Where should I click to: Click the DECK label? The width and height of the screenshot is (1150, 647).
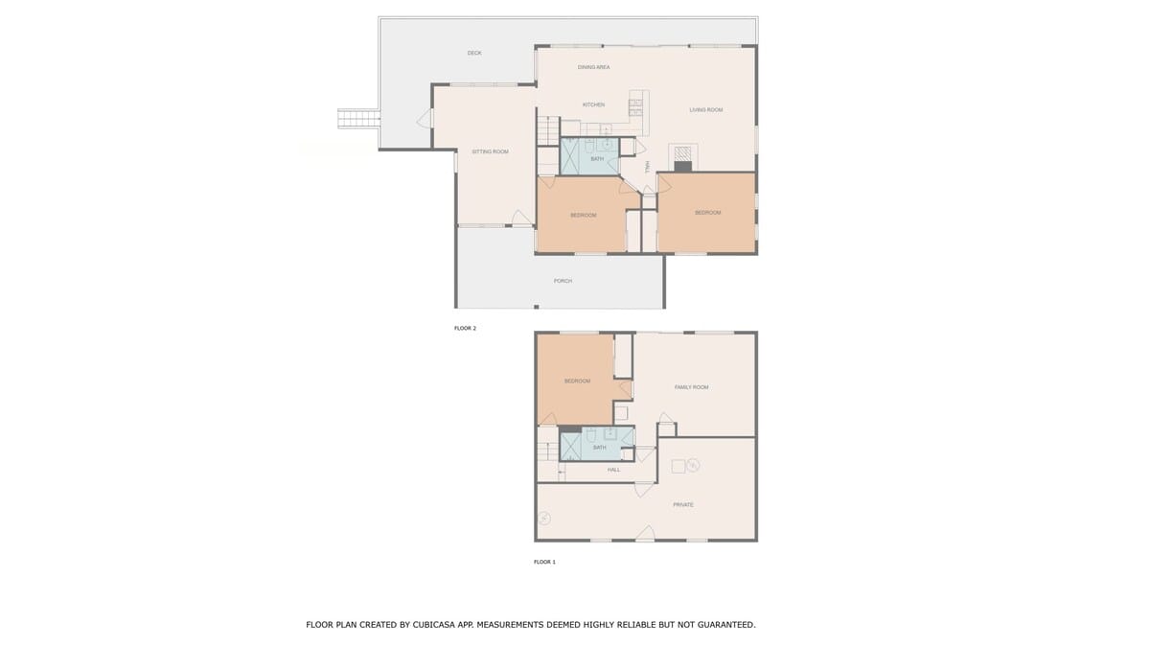click(474, 53)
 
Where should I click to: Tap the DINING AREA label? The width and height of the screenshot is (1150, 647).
click(593, 67)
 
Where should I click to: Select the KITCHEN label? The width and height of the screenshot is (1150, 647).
click(593, 104)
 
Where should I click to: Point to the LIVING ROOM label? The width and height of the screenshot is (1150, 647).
click(706, 110)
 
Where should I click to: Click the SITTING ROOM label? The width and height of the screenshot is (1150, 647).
click(491, 151)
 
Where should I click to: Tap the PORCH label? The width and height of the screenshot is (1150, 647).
click(563, 281)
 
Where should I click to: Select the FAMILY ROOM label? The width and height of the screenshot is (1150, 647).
click(691, 387)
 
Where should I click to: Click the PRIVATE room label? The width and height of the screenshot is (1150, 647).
click(682, 505)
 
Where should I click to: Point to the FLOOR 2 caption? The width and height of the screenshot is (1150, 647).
click(465, 328)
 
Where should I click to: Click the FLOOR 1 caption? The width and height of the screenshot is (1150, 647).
click(544, 562)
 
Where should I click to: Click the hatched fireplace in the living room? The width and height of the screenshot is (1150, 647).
click(682, 154)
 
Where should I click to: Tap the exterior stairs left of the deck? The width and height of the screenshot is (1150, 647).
click(358, 119)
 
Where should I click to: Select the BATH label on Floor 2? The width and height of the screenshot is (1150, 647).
click(597, 159)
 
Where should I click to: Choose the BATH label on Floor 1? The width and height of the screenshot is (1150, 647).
click(600, 448)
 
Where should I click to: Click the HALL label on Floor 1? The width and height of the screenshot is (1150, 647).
click(613, 470)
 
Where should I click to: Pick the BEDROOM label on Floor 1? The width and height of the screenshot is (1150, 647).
click(577, 381)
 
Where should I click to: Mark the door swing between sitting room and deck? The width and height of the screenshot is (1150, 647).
click(425, 119)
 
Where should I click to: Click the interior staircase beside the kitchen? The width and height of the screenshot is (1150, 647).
click(548, 131)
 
